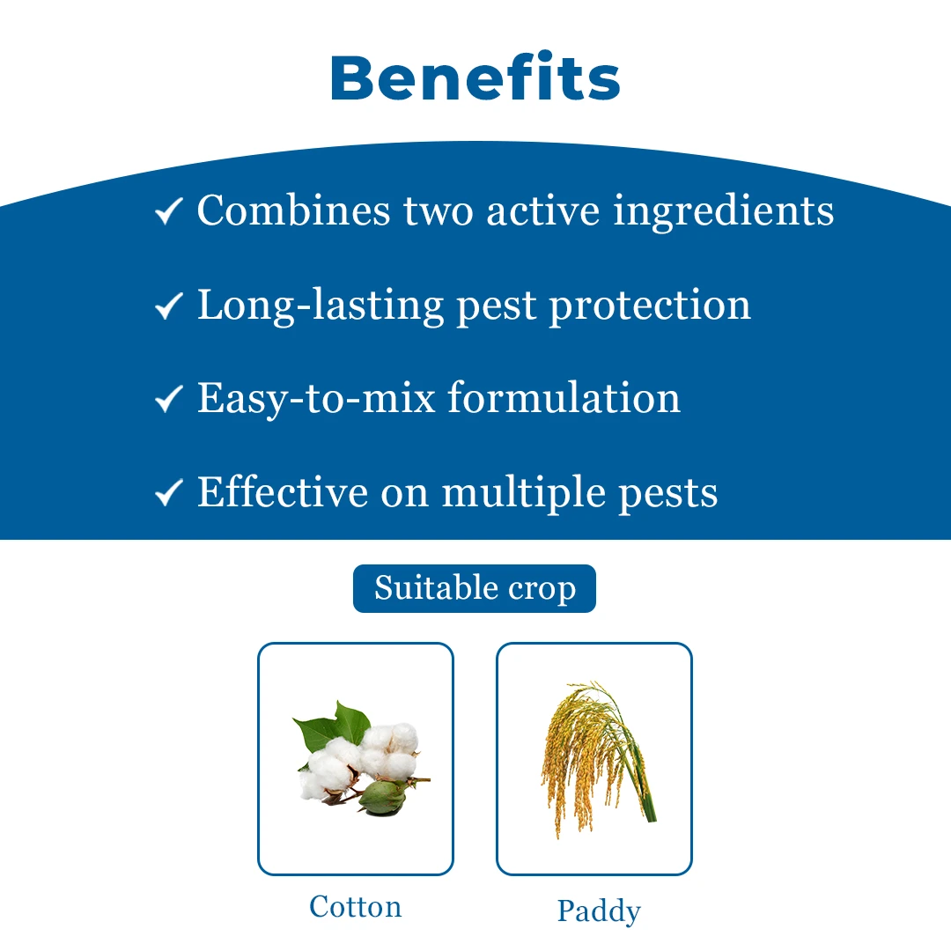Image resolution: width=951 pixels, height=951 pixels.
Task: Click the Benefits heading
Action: pyautogui.click(x=475, y=77)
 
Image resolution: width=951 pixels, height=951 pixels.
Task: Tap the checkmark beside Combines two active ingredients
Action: pyautogui.click(x=168, y=211)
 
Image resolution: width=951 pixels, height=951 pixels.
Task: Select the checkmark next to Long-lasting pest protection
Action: pyautogui.click(x=168, y=305)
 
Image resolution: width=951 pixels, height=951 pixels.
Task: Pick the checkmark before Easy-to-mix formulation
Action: pyautogui.click(x=168, y=399)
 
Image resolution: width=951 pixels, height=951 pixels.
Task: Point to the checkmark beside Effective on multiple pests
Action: pyautogui.click(x=168, y=492)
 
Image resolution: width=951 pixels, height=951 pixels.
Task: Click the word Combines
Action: pyautogui.click(x=293, y=210)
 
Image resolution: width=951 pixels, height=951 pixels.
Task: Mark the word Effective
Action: pyautogui.click(x=282, y=490)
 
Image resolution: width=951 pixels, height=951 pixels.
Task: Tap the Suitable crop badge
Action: pyautogui.click(x=475, y=588)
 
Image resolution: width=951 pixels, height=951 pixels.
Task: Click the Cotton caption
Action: pyautogui.click(x=356, y=907)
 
